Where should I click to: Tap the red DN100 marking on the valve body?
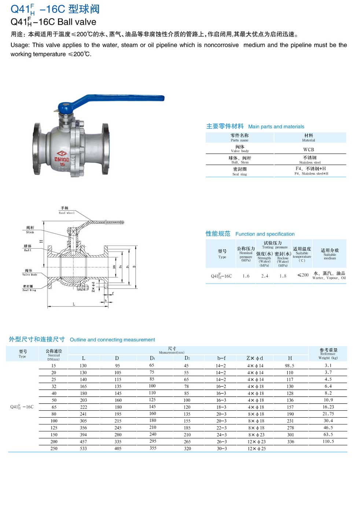[x=62, y=159]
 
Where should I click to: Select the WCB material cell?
[x=309, y=150]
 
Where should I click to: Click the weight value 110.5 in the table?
[x=328, y=441]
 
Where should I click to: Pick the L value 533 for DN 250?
[x=83, y=448]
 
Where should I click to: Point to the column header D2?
[x=187, y=358]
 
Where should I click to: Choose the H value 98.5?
[x=290, y=366]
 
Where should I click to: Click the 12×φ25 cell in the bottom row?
[x=256, y=448]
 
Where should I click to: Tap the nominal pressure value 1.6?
[x=246, y=276]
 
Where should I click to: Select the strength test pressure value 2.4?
[x=265, y=276]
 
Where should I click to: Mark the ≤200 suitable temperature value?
[x=303, y=275]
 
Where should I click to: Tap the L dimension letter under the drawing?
[x=74, y=304]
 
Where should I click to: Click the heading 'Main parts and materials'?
[x=276, y=126]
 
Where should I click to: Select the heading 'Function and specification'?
[x=265, y=234]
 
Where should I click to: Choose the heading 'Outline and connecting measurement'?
[x=112, y=340]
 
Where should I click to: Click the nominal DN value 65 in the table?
[x=54, y=407]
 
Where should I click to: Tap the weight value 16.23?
[x=328, y=407]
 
